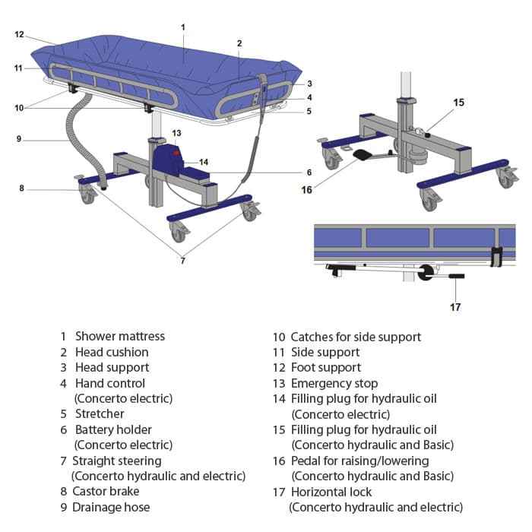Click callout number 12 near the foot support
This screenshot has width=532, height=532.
19,34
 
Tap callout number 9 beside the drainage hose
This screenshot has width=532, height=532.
19,138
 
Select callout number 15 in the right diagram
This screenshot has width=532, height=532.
458,102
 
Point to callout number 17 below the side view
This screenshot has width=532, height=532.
455,307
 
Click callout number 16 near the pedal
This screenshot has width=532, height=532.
306,189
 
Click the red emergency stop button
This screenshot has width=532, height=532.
176,153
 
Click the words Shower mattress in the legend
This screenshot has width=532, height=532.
119,336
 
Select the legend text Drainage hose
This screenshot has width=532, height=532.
111,507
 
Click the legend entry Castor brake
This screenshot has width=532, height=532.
106,492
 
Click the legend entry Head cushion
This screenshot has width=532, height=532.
112,352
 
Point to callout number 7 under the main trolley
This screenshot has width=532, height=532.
182,261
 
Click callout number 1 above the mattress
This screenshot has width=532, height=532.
183,27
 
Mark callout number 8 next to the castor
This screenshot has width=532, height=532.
22,188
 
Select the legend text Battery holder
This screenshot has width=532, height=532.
113,429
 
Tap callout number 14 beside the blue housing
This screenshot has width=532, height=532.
203,162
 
